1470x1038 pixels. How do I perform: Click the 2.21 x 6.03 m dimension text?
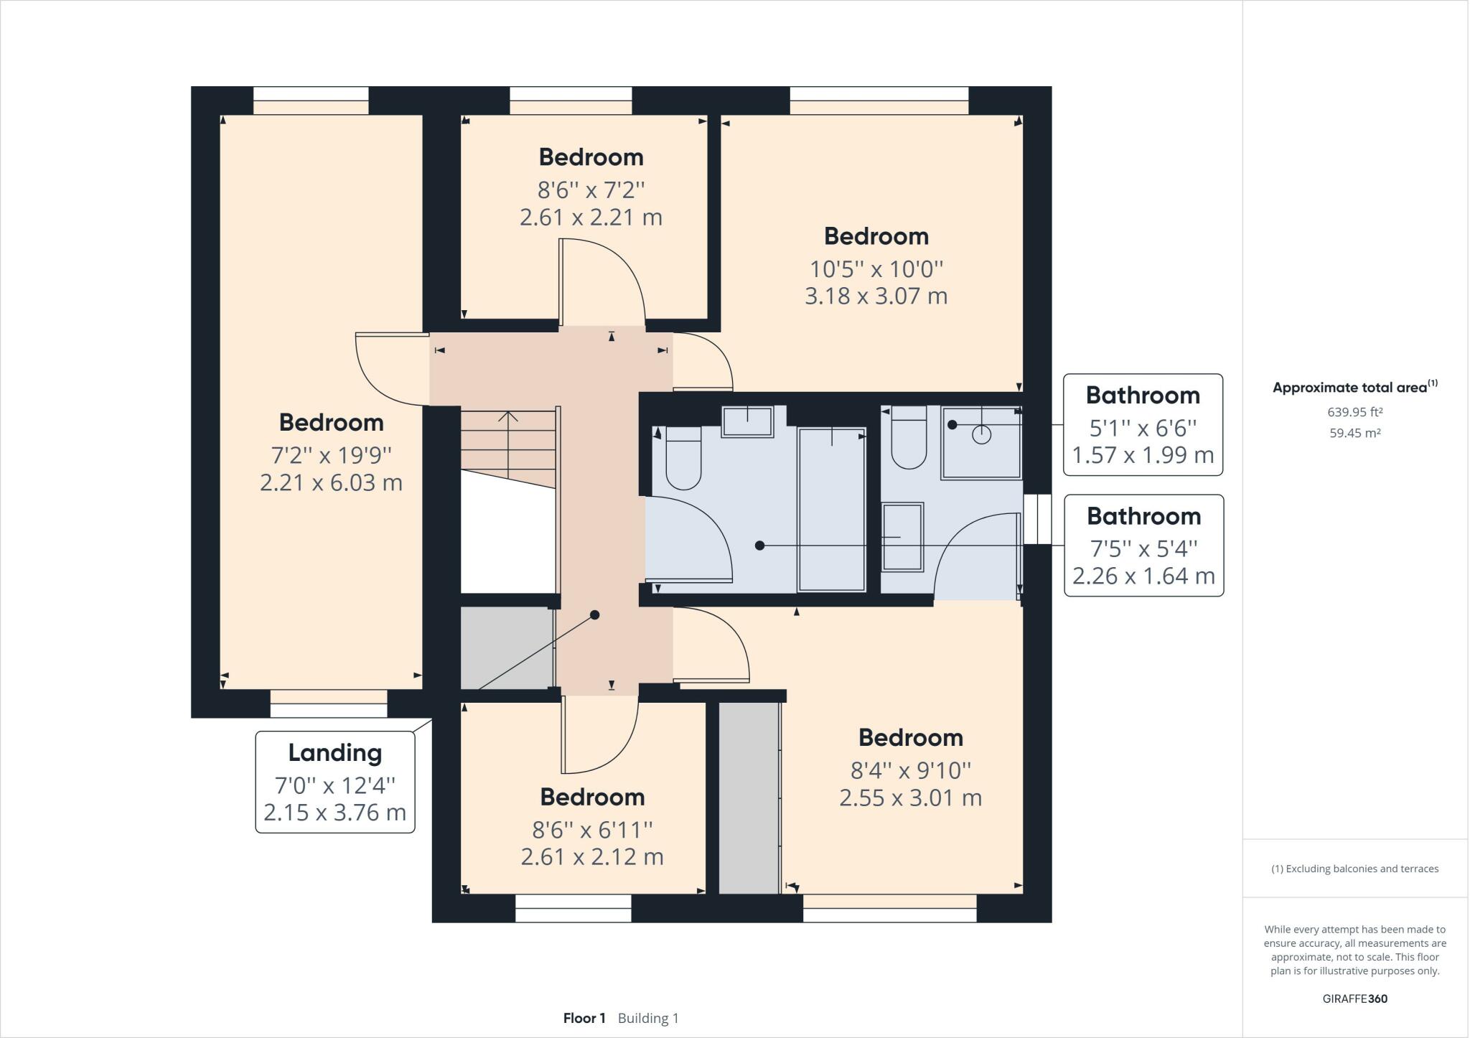point(331,482)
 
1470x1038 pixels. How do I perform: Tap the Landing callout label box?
point(335,782)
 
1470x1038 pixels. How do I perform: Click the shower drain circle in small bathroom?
point(981,434)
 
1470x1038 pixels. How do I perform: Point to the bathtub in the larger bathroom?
point(831,510)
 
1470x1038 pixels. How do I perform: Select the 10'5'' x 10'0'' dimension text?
point(876,269)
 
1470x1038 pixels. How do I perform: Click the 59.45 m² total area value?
point(1354,433)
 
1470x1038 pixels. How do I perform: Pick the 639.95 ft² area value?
point(1354,412)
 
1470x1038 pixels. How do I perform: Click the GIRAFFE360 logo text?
point(1354,999)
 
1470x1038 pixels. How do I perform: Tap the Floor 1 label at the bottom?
point(584,1018)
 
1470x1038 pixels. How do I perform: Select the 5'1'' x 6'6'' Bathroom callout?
point(1143,424)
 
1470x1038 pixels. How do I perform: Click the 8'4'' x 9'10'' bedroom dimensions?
point(910,770)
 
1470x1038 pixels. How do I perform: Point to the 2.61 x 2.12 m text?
point(592,856)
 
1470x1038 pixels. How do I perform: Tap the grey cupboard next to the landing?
point(506,648)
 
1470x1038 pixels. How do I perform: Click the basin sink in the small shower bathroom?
point(902,537)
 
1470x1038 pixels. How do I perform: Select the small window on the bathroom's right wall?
point(1036,519)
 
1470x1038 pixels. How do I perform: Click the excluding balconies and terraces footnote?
point(1354,869)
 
